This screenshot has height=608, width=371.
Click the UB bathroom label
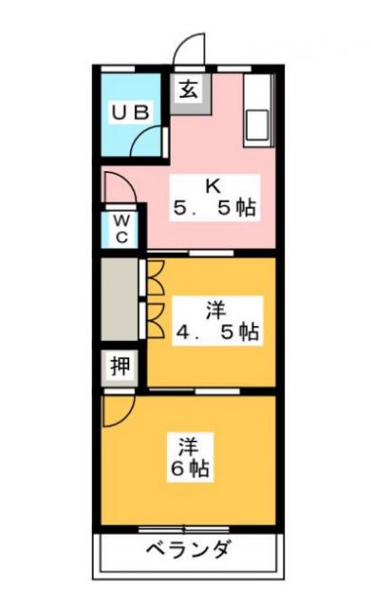point(131,112)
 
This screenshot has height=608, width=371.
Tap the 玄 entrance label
point(188,91)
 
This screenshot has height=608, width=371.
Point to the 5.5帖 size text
point(214,209)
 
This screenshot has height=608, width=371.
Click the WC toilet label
point(121,228)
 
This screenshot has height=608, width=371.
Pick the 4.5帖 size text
point(216,332)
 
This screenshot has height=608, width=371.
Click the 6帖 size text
point(191,468)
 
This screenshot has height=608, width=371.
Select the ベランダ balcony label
point(189,549)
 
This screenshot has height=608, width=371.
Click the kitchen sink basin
point(257,126)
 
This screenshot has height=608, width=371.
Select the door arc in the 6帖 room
point(120,410)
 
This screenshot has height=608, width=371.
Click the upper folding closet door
point(154,275)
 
